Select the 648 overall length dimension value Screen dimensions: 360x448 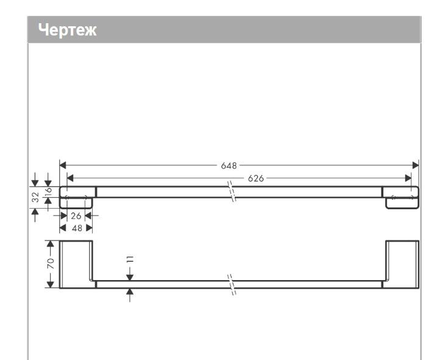[x=230, y=165]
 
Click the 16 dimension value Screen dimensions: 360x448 [x=48, y=193]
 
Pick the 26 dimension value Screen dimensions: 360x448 [x=76, y=215]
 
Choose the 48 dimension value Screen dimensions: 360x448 [x=76, y=227]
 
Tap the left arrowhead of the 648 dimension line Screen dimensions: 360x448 [x=62, y=165]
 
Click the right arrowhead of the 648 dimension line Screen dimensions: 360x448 [x=416, y=165]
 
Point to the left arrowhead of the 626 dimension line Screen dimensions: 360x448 [x=70, y=178]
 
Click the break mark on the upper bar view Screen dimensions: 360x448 [x=232, y=192]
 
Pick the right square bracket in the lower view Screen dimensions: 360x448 [x=402, y=264]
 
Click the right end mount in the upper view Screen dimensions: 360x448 [x=401, y=198]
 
